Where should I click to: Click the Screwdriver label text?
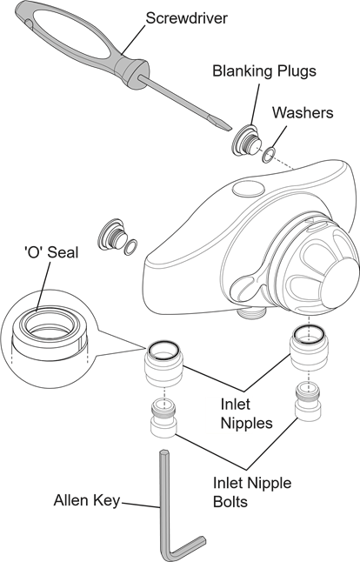click(187, 18)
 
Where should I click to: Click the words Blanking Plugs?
click(264, 71)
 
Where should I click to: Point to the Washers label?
click(303, 112)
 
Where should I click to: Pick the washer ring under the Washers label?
click(269, 155)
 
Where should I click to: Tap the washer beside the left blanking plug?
click(130, 247)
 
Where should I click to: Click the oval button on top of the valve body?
click(249, 189)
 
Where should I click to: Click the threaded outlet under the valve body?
click(252, 312)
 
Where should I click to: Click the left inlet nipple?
click(164, 363)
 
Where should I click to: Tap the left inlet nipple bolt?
click(163, 418)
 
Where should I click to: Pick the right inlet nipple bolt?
click(309, 400)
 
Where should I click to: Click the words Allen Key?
click(87, 500)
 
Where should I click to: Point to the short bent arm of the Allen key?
click(188, 548)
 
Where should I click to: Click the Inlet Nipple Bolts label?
click(252, 492)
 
